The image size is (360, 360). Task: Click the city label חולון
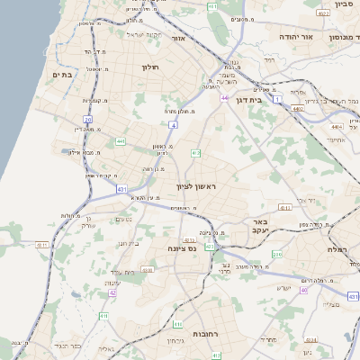coord(149,67)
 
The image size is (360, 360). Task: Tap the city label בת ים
coord(62,75)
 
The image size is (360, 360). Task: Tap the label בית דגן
coord(260,100)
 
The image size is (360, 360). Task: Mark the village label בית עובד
coord(123,273)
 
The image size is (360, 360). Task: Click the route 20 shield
coord(87,119)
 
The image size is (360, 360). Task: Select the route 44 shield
coord(224,98)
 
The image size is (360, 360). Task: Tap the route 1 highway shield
coord(278,97)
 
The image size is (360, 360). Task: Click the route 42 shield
coord(112,292)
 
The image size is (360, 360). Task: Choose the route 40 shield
coord(304,290)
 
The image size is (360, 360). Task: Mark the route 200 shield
coord(145,270)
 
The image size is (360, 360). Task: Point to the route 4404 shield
coord(296,109)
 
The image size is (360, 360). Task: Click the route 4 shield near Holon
coord(173,126)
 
